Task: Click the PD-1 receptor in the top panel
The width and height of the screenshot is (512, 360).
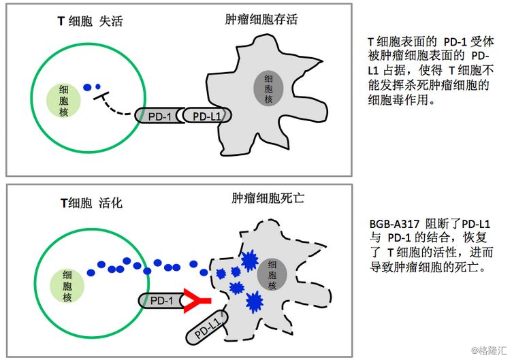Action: [x=159, y=115]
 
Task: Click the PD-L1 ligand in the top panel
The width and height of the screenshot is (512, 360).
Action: [x=207, y=115]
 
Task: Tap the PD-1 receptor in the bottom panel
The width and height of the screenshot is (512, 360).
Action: [x=161, y=301]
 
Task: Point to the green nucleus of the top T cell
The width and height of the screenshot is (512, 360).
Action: [x=63, y=101]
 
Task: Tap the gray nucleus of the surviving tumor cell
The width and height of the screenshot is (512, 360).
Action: [x=268, y=88]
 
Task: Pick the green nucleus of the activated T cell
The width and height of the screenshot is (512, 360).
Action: [x=67, y=286]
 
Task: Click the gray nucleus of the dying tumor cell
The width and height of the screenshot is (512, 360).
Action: [x=272, y=274]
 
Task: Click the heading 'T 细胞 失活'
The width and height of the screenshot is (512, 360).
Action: [x=90, y=21]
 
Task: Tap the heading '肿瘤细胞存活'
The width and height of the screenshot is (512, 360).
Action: [x=261, y=20]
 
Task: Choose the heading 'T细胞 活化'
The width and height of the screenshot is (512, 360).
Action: [x=91, y=203]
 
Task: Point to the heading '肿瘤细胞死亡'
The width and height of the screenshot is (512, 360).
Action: [x=268, y=198]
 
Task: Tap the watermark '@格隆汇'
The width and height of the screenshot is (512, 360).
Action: [x=489, y=350]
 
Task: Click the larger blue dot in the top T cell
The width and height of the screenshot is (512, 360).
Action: [x=87, y=88]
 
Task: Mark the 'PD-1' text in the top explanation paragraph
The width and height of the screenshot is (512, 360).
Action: [x=455, y=42]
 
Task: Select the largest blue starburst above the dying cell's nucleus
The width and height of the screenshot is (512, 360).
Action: [x=249, y=261]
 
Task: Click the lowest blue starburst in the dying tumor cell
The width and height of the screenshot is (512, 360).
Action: [x=254, y=302]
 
